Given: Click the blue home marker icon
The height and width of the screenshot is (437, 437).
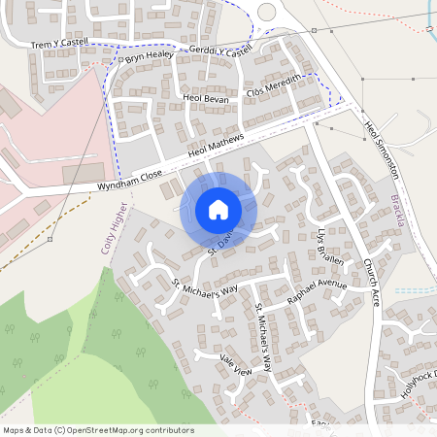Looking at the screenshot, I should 218,210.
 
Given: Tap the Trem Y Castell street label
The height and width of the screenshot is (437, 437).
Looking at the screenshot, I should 59,45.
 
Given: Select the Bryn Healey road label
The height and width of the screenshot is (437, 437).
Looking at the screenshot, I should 148,59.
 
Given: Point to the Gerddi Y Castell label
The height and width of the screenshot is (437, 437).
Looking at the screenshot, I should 221,50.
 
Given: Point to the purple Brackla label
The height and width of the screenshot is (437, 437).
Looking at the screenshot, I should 397,209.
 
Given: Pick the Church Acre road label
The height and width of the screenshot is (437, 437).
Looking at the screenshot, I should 370,282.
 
